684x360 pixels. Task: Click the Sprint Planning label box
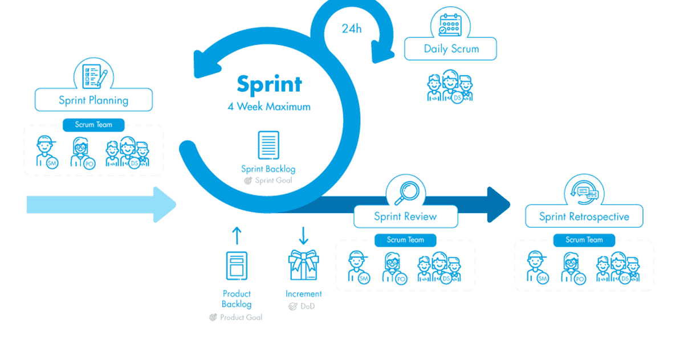pos(93,100)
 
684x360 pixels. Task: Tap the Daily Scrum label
pos(451,49)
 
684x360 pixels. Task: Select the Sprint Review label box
pos(406,216)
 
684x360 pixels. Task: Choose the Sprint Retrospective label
pos(584,216)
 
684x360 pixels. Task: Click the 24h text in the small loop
pos(352,28)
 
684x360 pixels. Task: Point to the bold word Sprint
pos(269,84)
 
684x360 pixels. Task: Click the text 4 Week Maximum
pos(269,107)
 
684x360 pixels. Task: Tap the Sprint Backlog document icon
pos(268,145)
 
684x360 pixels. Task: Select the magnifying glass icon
pos(406,193)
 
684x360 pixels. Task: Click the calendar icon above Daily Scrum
pos(450,25)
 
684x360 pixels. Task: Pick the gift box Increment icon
pos(303,265)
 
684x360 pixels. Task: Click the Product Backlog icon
pos(237,265)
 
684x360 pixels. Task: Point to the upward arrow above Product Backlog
pos(237,235)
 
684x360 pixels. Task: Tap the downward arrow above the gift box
pos(303,235)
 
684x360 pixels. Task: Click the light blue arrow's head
pos(164,204)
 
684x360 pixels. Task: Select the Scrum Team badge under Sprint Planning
pos(93,125)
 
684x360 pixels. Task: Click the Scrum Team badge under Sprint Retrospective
pos(584,240)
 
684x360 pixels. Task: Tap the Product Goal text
pos(241,318)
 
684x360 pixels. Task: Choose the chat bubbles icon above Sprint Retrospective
pos(584,193)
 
